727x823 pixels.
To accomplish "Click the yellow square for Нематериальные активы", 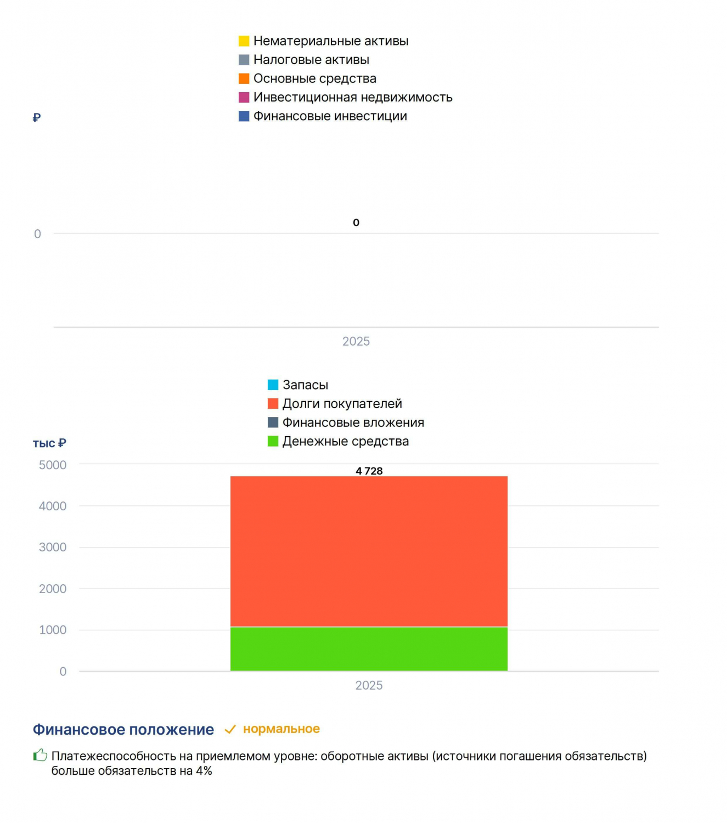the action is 244,41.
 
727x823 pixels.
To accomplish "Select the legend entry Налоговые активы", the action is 303,60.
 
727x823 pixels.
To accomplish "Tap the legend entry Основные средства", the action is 307,78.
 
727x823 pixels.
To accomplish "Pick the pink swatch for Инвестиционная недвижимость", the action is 244,97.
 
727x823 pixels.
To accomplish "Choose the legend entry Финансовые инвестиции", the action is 323,116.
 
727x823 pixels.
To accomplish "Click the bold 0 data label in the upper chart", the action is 356,223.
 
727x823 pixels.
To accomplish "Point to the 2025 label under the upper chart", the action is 356,341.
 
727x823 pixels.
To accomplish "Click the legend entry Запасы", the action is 298,385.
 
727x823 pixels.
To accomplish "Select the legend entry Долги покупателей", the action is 335,403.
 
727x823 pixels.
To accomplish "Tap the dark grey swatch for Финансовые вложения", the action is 273,422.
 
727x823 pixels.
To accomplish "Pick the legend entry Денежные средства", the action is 338,441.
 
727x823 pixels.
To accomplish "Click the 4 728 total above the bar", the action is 369,471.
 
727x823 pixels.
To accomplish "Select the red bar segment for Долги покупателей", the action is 369,551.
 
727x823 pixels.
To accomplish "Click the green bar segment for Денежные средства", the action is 369,649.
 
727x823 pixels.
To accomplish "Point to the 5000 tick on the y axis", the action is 53,465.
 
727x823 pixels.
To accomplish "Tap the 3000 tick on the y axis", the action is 53,547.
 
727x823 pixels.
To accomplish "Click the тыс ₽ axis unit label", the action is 49,443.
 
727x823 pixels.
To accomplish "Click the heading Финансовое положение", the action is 123,730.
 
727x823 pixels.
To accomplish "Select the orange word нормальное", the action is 281,729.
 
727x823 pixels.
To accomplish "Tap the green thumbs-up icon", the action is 40,755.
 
